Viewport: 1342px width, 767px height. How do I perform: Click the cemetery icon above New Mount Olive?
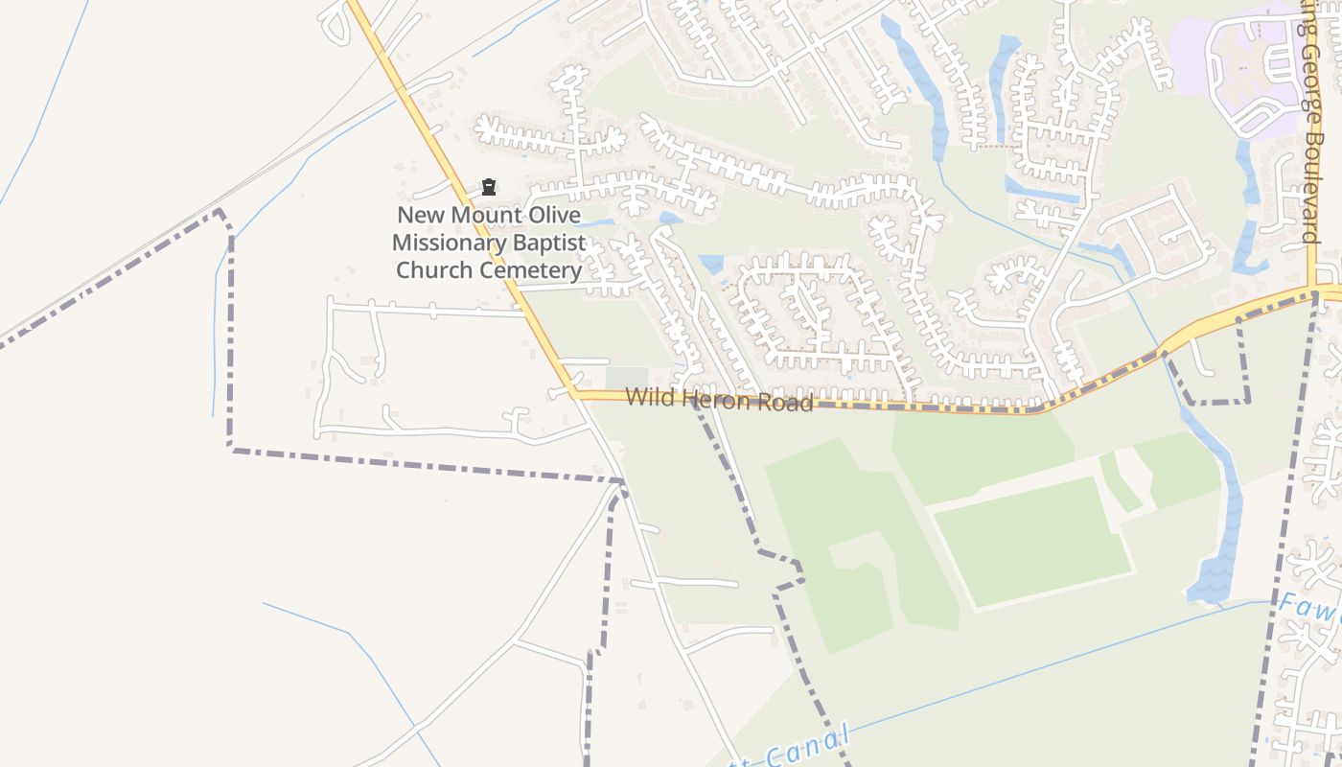click(489, 186)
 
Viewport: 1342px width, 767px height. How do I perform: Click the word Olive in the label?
click(549, 215)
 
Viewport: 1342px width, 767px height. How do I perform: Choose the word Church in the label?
click(435, 270)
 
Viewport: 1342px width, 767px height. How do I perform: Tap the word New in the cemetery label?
click(420, 215)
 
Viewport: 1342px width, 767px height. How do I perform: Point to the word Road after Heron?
click(785, 402)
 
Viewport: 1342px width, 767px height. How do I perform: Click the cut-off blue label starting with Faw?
click(1308, 608)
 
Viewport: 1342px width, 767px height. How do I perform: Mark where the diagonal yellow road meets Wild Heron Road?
click(574, 393)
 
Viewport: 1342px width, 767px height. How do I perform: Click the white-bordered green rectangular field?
click(1032, 542)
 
